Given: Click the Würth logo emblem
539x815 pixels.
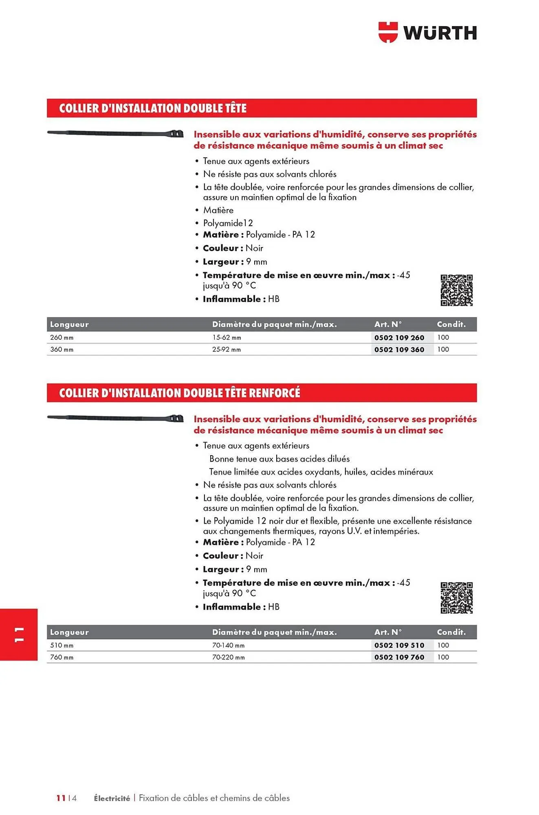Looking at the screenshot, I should tap(387, 32).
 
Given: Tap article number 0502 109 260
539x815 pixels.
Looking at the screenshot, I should tap(399, 337).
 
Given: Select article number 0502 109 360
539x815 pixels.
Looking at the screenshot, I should tap(399, 349).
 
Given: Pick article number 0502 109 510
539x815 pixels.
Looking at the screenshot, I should tap(399, 645).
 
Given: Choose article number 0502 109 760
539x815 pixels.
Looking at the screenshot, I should tap(399, 657).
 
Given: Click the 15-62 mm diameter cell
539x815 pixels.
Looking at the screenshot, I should tap(227, 337).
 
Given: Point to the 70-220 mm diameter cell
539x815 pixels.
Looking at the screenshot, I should tap(228, 657).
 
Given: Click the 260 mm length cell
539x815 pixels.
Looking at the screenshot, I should tap(62, 337).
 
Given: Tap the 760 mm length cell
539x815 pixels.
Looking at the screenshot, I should tap(62, 657).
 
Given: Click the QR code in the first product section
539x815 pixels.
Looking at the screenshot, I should tap(456, 290).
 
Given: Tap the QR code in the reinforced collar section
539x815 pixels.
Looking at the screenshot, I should tap(456, 598).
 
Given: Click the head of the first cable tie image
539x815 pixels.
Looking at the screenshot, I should tap(176, 134).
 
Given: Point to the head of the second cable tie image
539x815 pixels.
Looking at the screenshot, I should tap(176, 418).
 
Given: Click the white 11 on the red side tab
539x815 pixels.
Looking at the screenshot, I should tap(19, 634).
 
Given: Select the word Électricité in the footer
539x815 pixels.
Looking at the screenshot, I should tap(112, 798).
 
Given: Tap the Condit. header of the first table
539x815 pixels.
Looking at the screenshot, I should tap(451, 324).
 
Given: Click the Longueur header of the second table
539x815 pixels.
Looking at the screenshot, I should tap(69, 632).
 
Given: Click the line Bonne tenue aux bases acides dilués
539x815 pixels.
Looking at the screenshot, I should tap(279, 458).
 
